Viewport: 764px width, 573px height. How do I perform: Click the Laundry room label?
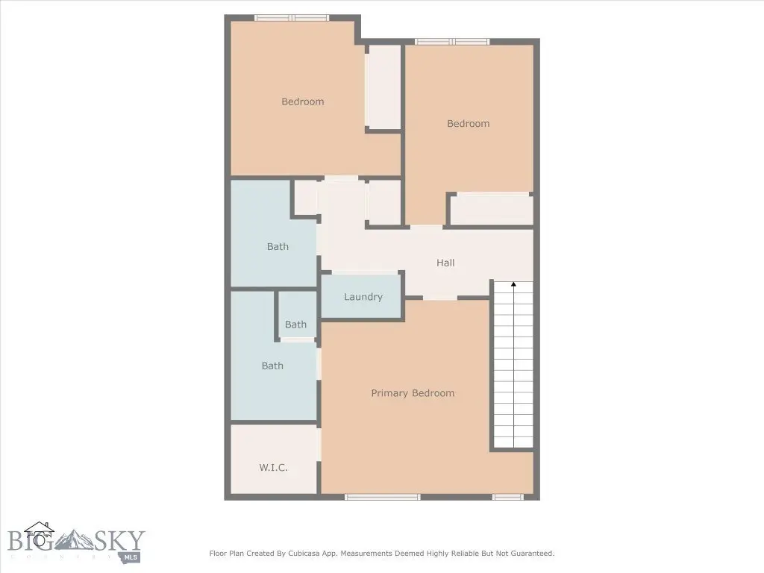point(363,297)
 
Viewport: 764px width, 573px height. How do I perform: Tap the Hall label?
point(445,263)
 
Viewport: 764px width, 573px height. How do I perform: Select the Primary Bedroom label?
point(413,393)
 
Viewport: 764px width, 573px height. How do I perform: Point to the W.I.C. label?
point(273,468)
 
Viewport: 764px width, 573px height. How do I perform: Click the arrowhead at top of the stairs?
point(513,284)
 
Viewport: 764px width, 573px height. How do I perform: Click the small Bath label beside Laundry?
point(295,325)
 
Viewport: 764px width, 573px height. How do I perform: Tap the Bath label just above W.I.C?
point(272,366)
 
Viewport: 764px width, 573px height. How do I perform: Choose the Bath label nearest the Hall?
point(278,246)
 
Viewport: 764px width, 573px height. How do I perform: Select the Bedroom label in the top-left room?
point(303,101)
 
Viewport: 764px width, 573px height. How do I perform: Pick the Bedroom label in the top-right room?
point(469,124)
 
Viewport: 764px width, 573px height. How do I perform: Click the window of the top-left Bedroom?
point(292,18)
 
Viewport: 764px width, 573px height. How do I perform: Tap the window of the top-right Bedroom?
point(451,42)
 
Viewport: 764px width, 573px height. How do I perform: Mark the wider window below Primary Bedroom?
point(383,497)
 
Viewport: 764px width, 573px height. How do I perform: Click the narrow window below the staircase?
point(507,497)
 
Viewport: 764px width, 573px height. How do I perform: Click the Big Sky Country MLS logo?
point(76,542)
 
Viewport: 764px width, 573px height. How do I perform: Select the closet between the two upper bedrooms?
point(383,87)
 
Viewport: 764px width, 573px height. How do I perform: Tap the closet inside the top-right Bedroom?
point(491,210)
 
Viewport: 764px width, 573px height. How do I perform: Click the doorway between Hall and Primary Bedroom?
point(440,298)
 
